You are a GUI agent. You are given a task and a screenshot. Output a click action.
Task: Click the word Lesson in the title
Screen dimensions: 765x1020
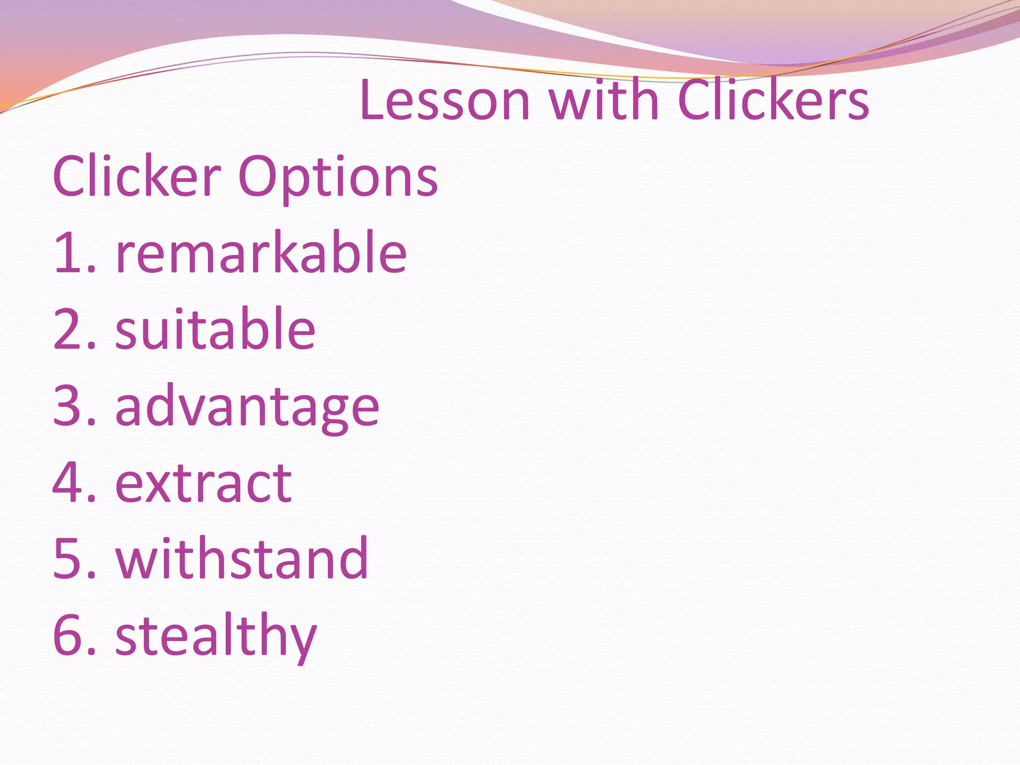[x=445, y=101]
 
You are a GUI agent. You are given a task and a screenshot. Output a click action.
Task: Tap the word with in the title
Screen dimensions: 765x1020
[x=604, y=101]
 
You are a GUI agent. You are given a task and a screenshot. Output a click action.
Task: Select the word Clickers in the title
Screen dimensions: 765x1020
[x=773, y=101]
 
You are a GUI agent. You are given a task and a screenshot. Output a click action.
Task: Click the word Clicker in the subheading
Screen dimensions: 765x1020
[x=136, y=177]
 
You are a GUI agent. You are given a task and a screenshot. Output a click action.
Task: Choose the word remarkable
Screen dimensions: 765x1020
[x=261, y=253]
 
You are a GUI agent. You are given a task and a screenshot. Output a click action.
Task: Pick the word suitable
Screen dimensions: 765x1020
[x=215, y=329]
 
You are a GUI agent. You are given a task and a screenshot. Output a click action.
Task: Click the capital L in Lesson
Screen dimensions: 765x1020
[x=373, y=101]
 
